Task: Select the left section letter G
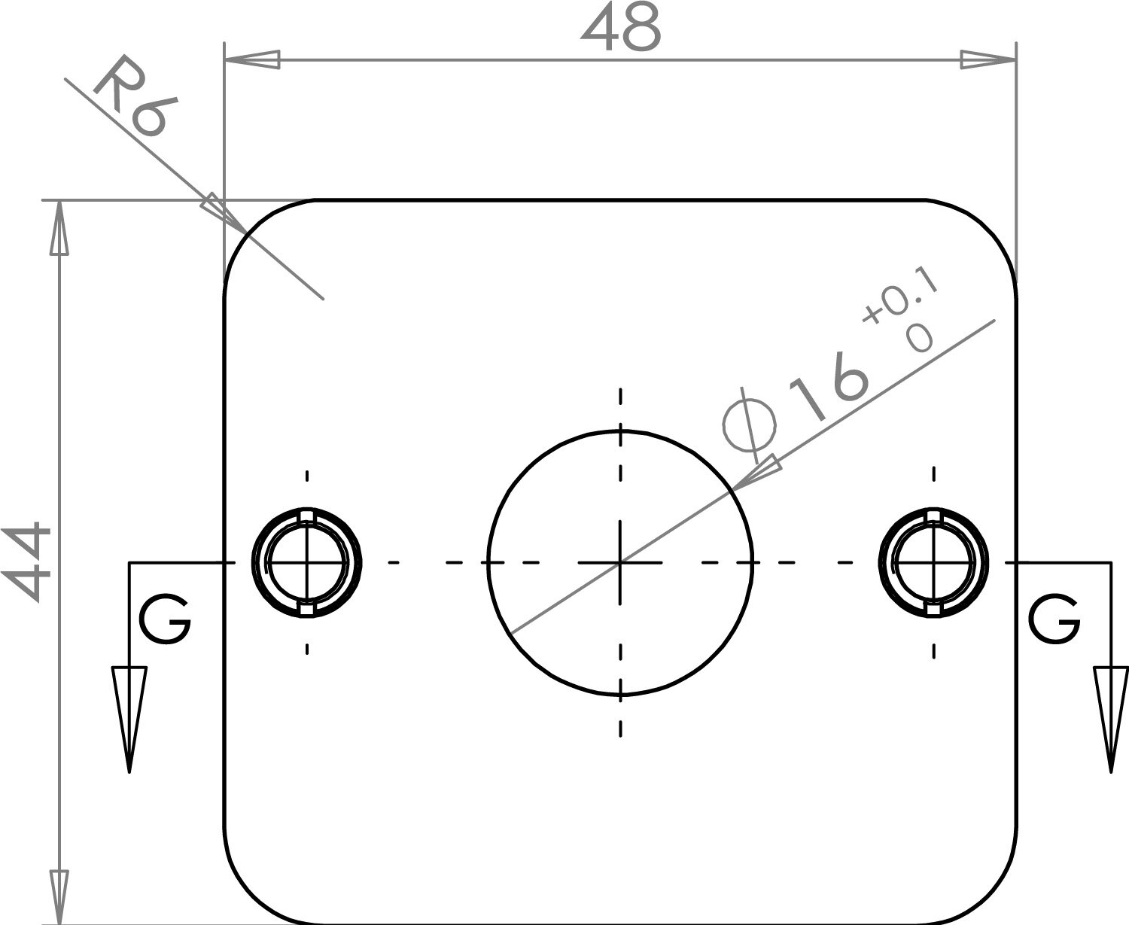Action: (x=164, y=622)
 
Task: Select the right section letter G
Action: (x=1054, y=620)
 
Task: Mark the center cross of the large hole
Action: (x=620, y=562)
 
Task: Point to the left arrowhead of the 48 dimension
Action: (x=252, y=60)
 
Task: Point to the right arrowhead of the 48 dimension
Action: (x=988, y=60)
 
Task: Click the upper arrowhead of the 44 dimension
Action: (x=59, y=228)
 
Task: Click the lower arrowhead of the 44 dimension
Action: (x=59, y=897)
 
